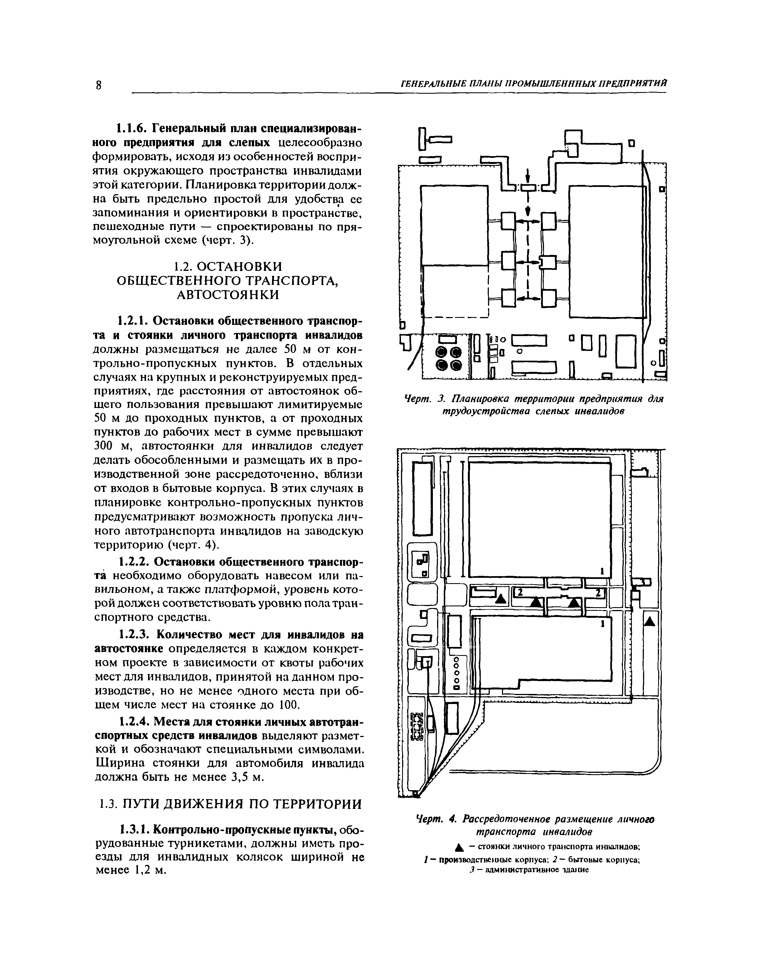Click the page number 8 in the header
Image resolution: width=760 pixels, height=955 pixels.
(98, 85)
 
